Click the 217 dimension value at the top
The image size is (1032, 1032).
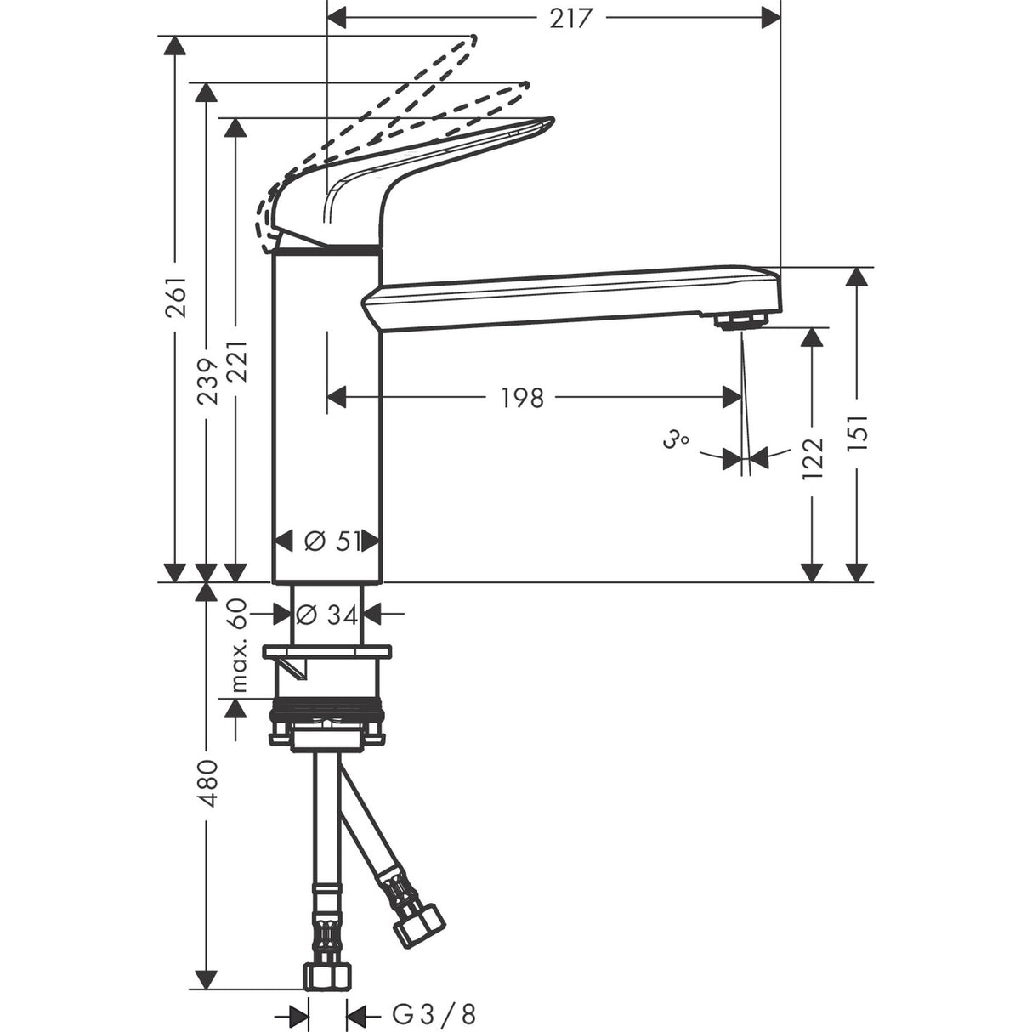(x=570, y=17)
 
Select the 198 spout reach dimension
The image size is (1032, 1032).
(x=522, y=397)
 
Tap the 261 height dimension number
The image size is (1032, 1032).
(x=176, y=298)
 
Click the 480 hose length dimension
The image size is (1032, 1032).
(x=207, y=784)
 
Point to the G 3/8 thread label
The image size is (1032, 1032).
(x=434, y=1013)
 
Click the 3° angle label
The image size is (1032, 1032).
(x=675, y=440)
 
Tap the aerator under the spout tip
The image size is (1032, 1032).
(x=740, y=320)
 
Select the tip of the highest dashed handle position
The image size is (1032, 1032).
(x=472, y=39)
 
